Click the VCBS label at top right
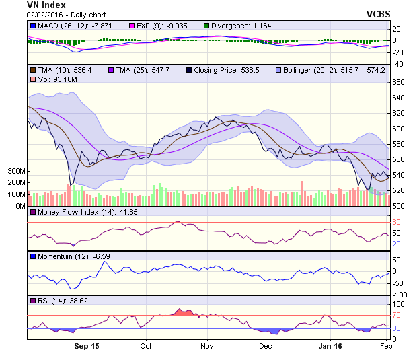click(x=378, y=13)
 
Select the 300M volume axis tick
click(x=15, y=172)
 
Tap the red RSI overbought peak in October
click(x=182, y=312)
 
